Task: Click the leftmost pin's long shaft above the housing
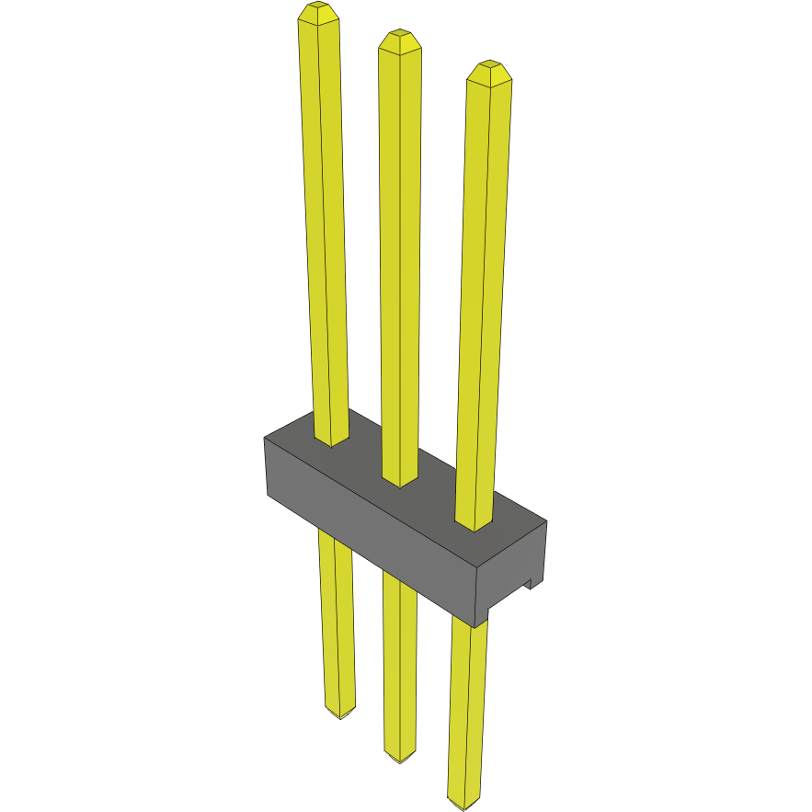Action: coord(325,230)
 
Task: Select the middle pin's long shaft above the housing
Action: coord(399,257)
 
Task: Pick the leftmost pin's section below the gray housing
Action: coord(336,625)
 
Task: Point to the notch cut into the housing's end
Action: coord(530,583)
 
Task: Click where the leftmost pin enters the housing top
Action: coord(332,440)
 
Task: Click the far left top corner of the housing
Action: coord(266,438)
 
